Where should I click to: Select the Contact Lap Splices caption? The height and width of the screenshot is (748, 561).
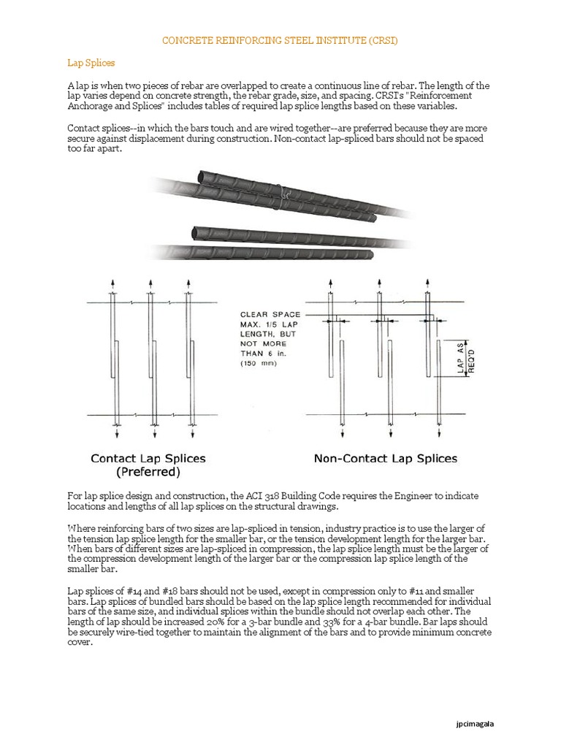pyautogui.click(x=148, y=459)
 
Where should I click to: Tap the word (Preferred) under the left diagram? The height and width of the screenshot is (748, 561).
pyautogui.click(x=148, y=472)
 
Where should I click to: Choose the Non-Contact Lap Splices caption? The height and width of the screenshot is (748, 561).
pyautogui.click(x=385, y=459)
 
